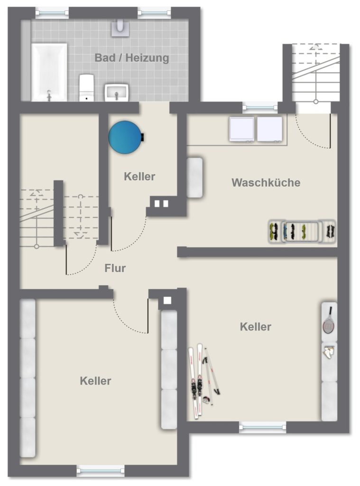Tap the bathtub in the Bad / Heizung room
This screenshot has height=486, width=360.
click(49, 72)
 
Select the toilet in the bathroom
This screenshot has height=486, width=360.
click(86, 87)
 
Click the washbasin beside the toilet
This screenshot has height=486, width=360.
click(117, 93)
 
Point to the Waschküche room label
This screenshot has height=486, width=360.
click(266, 182)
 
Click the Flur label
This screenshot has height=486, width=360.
click(115, 268)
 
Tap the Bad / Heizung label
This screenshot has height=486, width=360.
click(132, 57)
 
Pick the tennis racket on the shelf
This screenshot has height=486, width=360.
click(329, 321)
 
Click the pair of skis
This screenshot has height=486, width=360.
click(196, 381)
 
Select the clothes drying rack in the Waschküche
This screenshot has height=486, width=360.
click(302, 231)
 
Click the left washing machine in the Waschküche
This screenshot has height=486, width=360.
click(241, 129)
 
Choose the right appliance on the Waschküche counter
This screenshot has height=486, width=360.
click(269, 129)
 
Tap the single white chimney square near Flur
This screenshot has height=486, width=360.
click(167, 300)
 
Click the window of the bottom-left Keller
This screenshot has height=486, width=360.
click(101, 470)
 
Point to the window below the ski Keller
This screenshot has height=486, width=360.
click(262, 427)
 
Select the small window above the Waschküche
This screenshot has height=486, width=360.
click(260, 107)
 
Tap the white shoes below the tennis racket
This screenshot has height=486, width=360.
click(329, 352)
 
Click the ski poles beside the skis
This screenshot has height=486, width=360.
click(211, 375)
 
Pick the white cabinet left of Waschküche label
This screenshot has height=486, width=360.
click(194, 178)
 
